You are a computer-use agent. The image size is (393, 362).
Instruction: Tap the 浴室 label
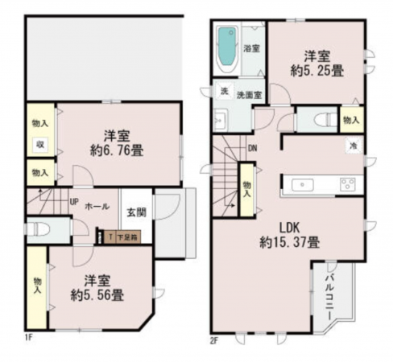pyautogui.click(x=251, y=48)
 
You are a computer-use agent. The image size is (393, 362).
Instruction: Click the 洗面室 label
pyautogui.click(x=253, y=96)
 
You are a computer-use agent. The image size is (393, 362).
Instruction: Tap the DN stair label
pyautogui.click(x=252, y=148)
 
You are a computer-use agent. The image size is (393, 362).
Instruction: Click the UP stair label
pyautogui.click(x=73, y=202)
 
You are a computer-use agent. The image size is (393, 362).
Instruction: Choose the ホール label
pyautogui.click(x=97, y=205)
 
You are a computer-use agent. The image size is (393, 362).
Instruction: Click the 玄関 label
pyautogui.click(x=136, y=213)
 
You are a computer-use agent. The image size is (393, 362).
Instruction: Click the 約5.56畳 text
pyautogui.click(x=95, y=295)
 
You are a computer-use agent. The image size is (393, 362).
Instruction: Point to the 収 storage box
pyautogui.click(x=39, y=145)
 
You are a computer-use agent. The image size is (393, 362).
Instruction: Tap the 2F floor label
pyautogui.click(x=215, y=339)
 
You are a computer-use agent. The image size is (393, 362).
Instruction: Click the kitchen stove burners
pyautogui.click(x=347, y=184)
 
